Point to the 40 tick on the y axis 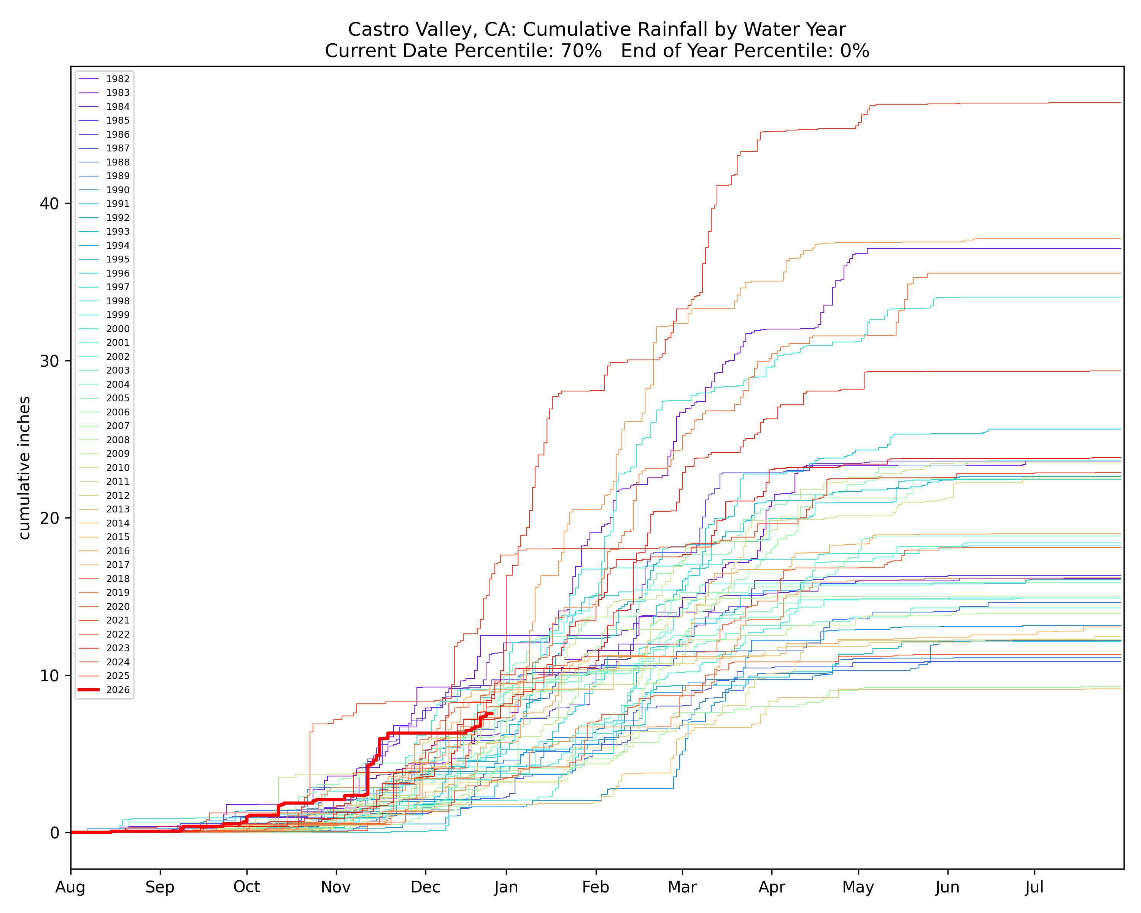tap(49, 204)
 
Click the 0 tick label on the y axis tap(54, 833)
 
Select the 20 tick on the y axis tap(49, 518)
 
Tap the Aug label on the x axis tap(70, 887)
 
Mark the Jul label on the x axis tap(1034, 887)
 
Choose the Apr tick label tap(772, 887)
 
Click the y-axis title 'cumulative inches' tap(24, 468)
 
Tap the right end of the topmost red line tap(1121, 103)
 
